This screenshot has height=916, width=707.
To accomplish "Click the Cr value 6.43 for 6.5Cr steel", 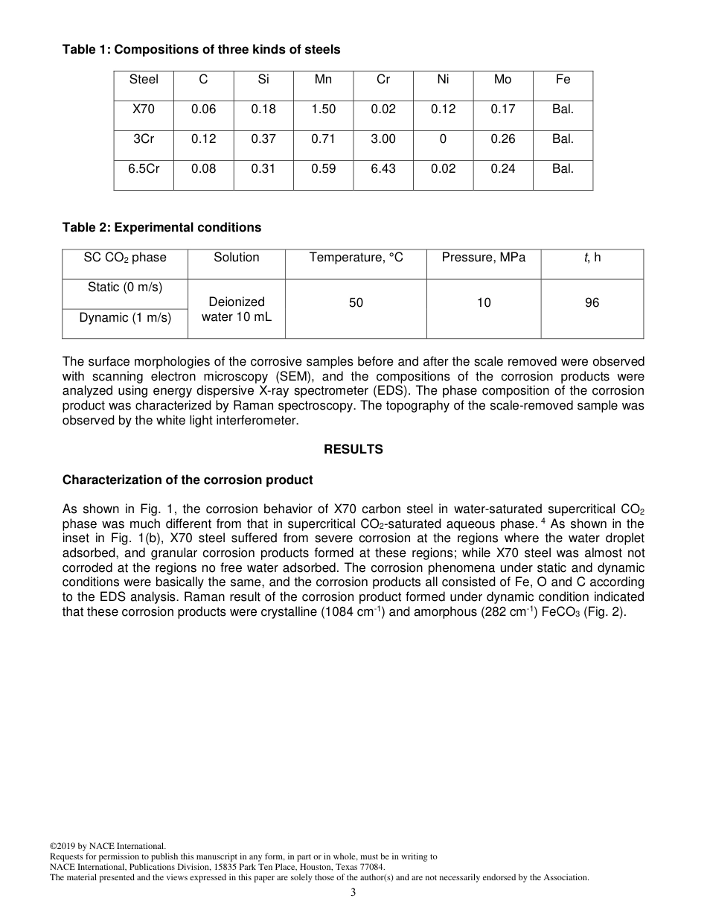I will click(383, 169).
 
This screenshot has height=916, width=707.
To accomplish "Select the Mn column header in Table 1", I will click(323, 80).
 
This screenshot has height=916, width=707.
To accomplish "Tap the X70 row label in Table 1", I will click(144, 109).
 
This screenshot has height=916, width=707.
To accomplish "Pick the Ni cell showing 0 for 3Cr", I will click(443, 139).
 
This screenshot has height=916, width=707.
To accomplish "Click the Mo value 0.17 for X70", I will click(503, 109).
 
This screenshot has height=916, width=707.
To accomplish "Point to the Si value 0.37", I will click(263, 139).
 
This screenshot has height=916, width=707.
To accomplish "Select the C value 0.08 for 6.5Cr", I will click(203, 169).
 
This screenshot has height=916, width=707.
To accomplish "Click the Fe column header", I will click(563, 80).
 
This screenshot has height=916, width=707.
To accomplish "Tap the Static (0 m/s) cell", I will click(125, 287).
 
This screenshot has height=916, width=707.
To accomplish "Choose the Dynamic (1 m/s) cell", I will click(125, 318).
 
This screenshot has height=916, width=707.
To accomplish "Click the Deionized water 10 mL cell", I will click(237, 309).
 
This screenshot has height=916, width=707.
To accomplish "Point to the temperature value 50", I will click(356, 303).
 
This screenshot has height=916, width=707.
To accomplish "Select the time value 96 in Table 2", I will click(592, 303).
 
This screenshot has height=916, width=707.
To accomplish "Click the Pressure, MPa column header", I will click(483, 258).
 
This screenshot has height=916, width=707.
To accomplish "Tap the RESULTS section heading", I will click(353, 450).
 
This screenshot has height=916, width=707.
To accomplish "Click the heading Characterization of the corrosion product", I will click(188, 480).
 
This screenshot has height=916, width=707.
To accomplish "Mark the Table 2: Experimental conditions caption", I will click(161, 228).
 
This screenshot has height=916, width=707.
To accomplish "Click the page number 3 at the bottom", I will click(353, 893).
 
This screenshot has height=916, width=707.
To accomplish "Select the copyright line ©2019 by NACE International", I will click(107, 846).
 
